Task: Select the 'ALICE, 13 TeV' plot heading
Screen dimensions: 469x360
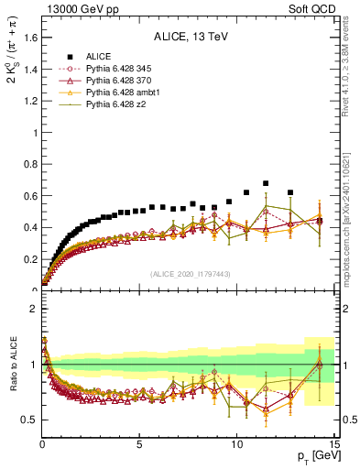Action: (x=190, y=37)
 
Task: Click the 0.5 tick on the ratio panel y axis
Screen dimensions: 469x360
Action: (x=27, y=420)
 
